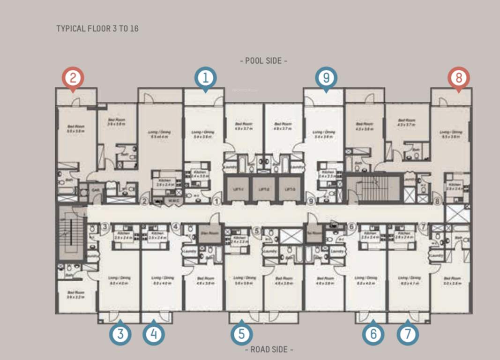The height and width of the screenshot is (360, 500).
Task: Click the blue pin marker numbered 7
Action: point(408,334)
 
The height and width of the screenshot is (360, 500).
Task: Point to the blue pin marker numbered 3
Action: point(120,334)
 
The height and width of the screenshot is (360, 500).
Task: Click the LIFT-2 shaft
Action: point(264,189)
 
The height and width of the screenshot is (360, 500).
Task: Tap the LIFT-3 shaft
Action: point(289,189)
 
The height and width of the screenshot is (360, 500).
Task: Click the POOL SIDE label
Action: point(263,61)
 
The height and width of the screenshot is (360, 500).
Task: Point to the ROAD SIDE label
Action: point(269,350)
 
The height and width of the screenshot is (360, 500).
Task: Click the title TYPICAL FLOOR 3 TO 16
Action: point(97,29)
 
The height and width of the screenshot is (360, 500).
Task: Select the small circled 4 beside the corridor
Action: point(176,227)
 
